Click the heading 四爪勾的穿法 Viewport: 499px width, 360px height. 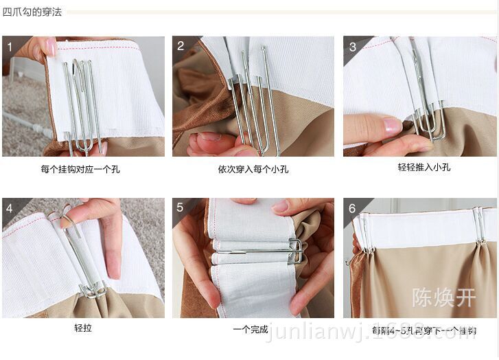(x=32, y=12)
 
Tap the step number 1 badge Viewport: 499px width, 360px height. (x=10, y=47)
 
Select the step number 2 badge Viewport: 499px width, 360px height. (x=181, y=46)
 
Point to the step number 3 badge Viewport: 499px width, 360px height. (x=352, y=47)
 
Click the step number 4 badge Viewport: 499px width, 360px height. (x=10, y=208)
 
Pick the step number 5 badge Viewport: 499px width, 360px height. (x=181, y=208)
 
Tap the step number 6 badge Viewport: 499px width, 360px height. (x=352, y=208)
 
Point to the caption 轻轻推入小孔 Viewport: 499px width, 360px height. (x=423, y=167)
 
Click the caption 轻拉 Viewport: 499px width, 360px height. (x=82, y=328)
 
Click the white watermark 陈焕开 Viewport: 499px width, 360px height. (x=443, y=297)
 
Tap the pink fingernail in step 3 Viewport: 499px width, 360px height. (x=392, y=126)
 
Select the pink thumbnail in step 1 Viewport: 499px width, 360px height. (x=50, y=47)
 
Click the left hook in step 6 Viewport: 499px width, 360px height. (x=366, y=234)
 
